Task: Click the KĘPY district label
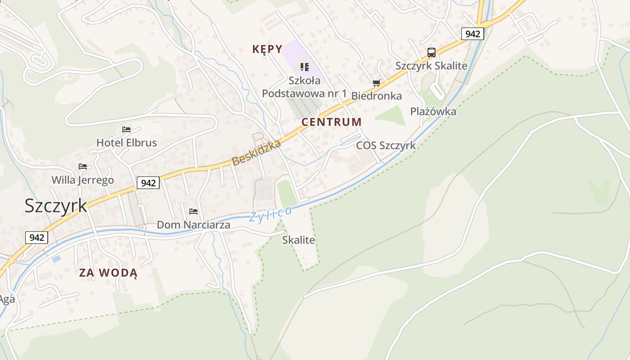(267, 49)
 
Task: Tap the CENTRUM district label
(331, 122)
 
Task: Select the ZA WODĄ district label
(108, 273)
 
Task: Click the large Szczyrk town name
(56, 206)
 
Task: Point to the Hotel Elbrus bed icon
(126, 130)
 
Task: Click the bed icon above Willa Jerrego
(82, 166)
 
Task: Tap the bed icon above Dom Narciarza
(193, 211)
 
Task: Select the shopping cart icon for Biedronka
(377, 83)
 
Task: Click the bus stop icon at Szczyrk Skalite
(431, 53)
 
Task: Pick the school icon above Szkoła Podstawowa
(305, 67)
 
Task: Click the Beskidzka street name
(256, 153)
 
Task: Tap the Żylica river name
(270, 214)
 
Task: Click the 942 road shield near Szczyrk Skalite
(472, 33)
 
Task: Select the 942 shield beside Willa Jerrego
(148, 182)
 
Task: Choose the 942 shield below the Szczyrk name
(36, 237)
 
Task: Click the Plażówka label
(433, 112)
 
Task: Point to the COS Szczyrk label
(386, 146)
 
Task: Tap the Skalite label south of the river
(298, 240)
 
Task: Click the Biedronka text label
(376, 96)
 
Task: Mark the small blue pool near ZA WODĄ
(56, 259)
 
